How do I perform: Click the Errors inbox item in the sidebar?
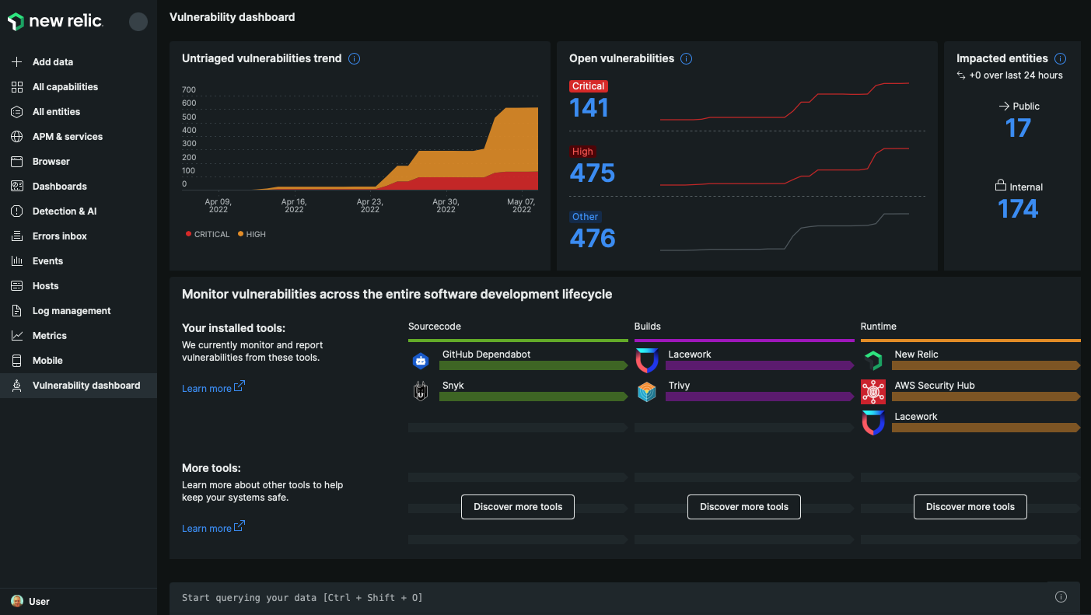click(59, 236)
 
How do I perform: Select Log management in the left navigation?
click(71, 311)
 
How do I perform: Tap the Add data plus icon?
click(17, 62)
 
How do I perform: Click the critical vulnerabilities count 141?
click(589, 108)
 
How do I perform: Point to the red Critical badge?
click(588, 86)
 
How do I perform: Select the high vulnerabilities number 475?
click(592, 173)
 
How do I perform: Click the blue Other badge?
click(585, 217)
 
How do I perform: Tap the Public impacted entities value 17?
click(1018, 128)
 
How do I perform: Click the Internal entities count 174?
click(1018, 209)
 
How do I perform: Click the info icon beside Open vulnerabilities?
click(686, 59)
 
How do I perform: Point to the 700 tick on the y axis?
click(189, 90)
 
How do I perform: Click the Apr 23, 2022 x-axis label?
click(369, 205)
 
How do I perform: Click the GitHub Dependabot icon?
click(421, 360)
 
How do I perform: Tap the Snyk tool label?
click(453, 386)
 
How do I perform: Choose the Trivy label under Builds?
click(679, 386)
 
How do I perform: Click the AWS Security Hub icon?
click(873, 392)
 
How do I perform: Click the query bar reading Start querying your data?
click(607, 597)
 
